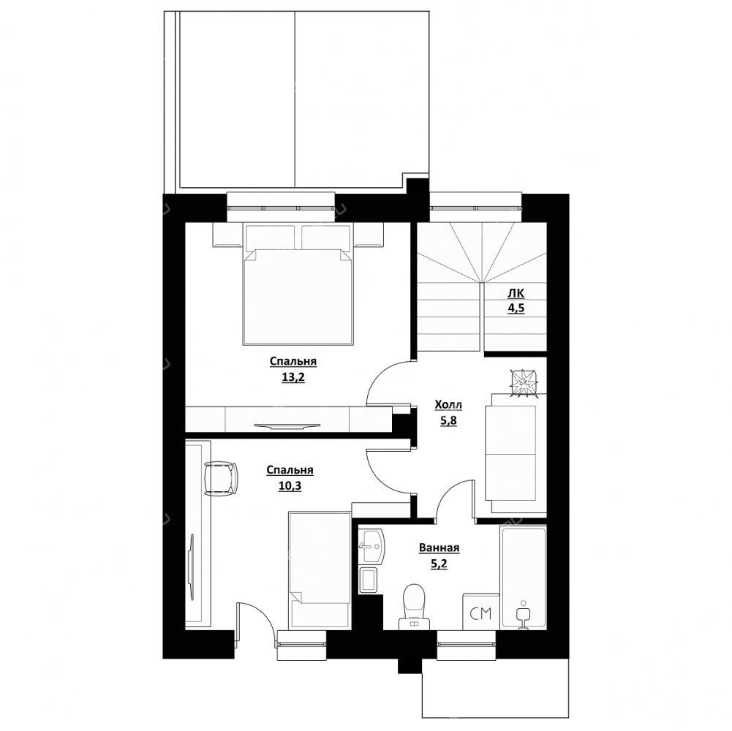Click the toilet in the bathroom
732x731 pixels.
(414, 607)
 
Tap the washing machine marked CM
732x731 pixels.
(481, 612)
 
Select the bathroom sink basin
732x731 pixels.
(371, 546)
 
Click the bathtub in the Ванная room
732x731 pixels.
(523, 578)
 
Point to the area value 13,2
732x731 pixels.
(293, 377)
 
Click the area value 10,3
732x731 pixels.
(290, 486)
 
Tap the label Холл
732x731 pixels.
(448, 405)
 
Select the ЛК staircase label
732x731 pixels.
(516, 293)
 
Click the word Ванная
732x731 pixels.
(439, 548)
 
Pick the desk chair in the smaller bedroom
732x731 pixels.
(221, 478)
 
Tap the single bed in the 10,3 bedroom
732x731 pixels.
(320, 569)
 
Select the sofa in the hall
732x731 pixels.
(516, 453)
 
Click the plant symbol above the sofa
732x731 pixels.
(524, 384)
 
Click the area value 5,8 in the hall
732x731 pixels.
(448, 420)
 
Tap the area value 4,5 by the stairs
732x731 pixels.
(516, 308)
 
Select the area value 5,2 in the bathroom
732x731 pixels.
(439, 564)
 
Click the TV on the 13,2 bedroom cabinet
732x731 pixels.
(287, 425)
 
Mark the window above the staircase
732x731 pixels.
(476, 208)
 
